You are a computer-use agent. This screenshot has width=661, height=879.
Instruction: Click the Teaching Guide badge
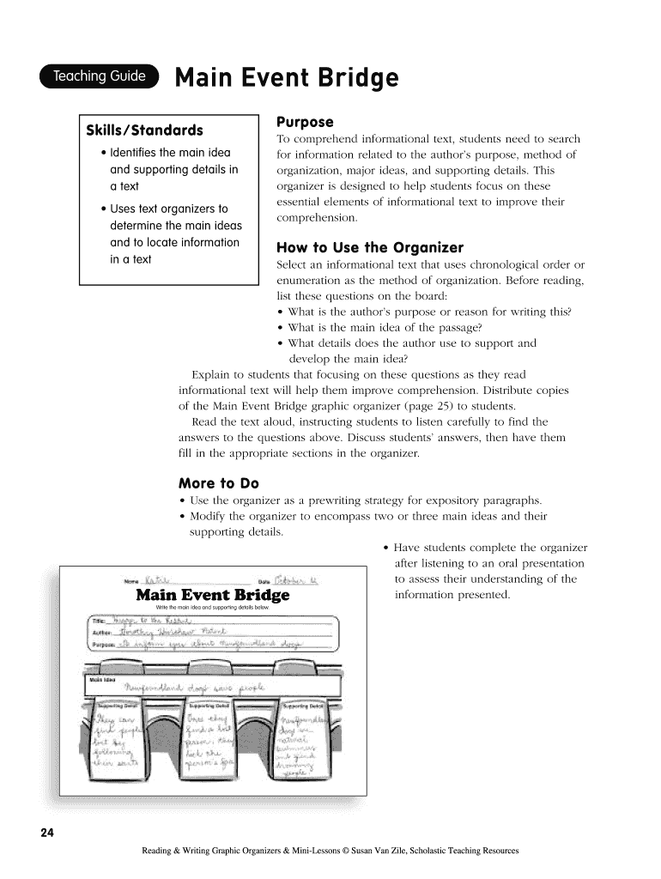click(100, 76)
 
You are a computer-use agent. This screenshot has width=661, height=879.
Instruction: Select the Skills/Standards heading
click(144, 130)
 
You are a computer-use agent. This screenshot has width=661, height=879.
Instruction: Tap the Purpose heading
click(304, 122)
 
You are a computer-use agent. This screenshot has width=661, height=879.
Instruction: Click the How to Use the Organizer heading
click(369, 248)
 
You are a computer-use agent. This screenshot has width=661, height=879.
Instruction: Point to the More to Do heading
click(218, 483)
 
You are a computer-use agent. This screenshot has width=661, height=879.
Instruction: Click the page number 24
click(46, 833)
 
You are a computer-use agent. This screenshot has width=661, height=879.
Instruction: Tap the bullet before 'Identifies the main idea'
click(103, 154)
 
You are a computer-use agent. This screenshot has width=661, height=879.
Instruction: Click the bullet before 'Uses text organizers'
click(103, 209)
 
